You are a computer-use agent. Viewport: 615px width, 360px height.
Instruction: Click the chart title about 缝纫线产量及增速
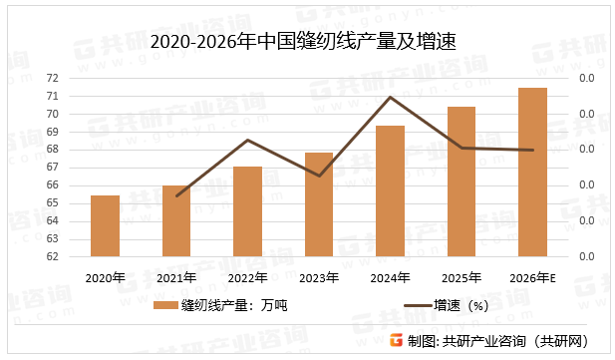[x=307, y=41]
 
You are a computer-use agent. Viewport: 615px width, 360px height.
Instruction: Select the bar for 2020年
[x=105, y=226]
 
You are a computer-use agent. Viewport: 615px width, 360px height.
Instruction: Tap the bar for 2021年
[x=176, y=221]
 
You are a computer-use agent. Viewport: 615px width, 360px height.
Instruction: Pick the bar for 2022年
[x=247, y=212]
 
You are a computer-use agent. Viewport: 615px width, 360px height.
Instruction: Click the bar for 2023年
[x=318, y=204]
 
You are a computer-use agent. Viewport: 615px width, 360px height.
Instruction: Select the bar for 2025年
[x=461, y=181]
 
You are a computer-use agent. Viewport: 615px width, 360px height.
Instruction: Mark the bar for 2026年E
[x=532, y=173]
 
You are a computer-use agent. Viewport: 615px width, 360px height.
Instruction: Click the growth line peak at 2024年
[x=390, y=97]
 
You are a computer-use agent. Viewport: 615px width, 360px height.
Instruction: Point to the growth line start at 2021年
[x=176, y=195]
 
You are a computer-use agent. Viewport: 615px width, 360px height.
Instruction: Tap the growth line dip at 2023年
[x=318, y=176]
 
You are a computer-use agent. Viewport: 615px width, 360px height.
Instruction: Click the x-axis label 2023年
[x=318, y=278]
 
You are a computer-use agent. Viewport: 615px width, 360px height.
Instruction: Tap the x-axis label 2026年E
[x=532, y=278]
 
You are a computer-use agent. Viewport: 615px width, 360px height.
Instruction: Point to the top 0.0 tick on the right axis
[x=586, y=78]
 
